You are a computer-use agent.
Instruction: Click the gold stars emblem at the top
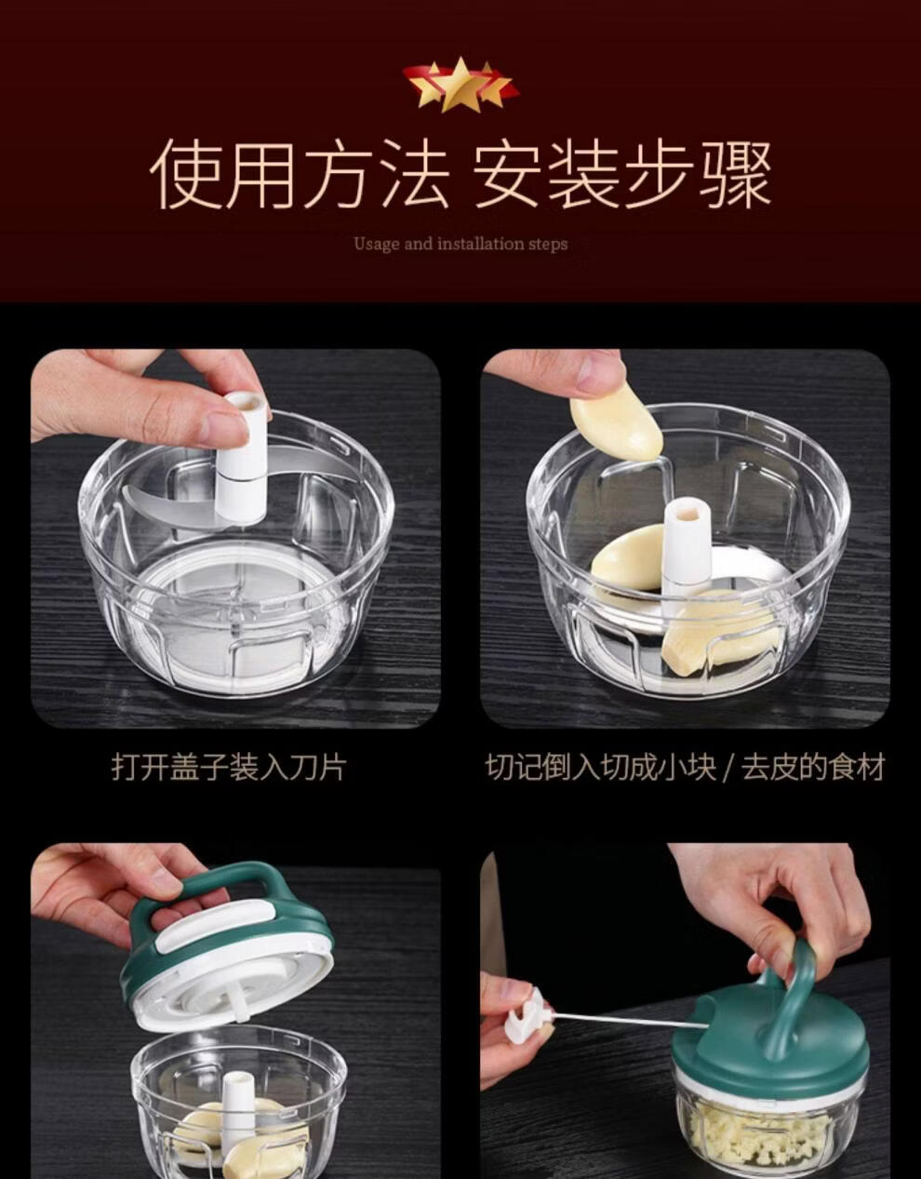point(460,85)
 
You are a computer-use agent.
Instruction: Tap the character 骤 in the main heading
point(735,174)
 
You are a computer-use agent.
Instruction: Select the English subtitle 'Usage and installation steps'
point(460,244)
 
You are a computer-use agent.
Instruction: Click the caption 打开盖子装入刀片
point(229,767)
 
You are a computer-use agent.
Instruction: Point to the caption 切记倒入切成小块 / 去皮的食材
point(685,767)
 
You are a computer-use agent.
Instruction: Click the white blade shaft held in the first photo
point(243,459)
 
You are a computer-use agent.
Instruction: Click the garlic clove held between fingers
point(617,427)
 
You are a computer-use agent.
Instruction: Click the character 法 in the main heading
point(415,174)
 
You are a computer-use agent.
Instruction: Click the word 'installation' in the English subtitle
point(482,244)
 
